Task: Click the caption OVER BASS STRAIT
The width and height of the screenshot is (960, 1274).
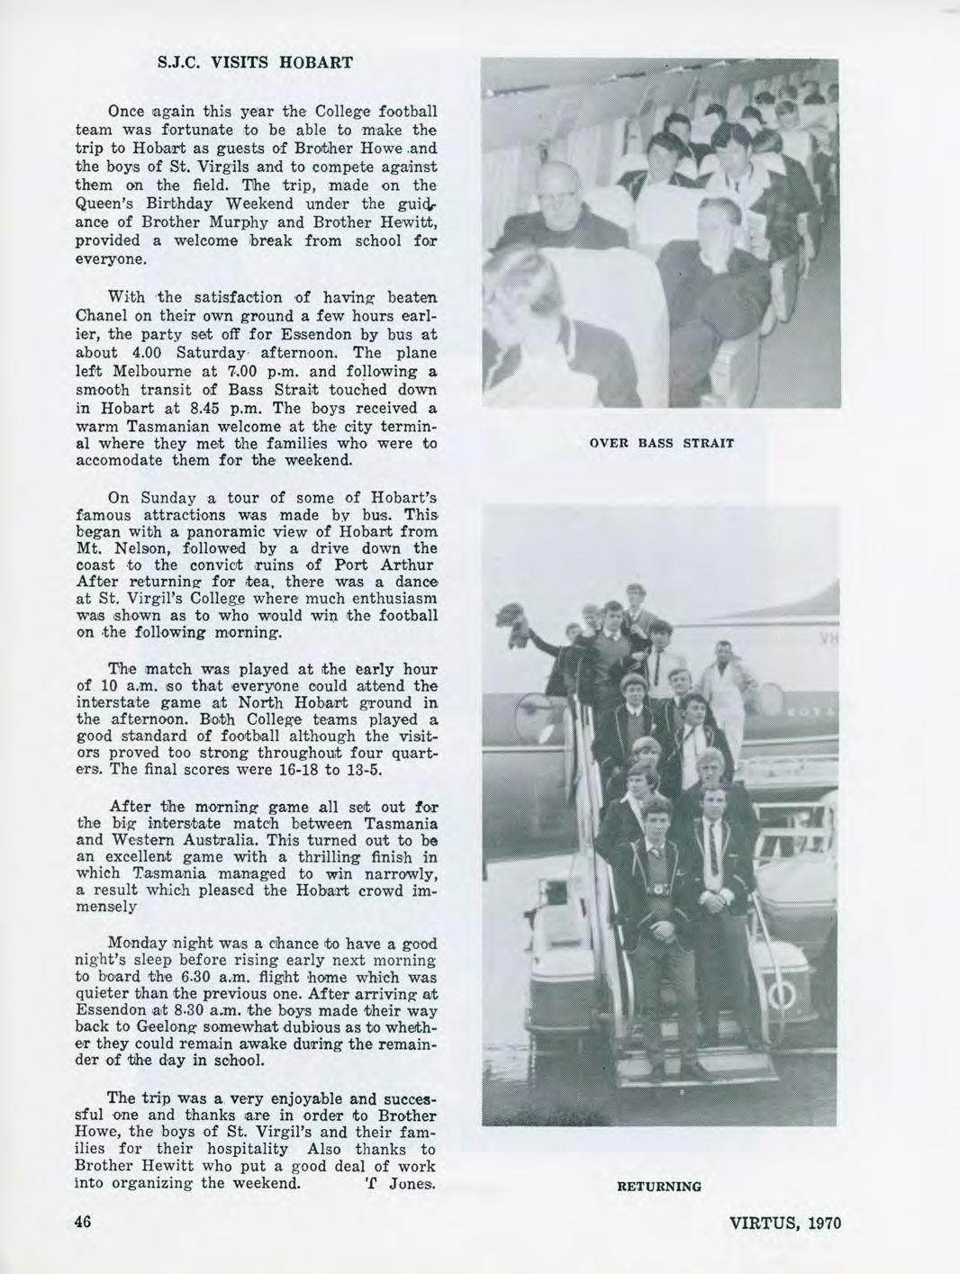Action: click(661, 443)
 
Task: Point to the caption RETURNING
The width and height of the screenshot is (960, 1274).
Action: click(659, 1187)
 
